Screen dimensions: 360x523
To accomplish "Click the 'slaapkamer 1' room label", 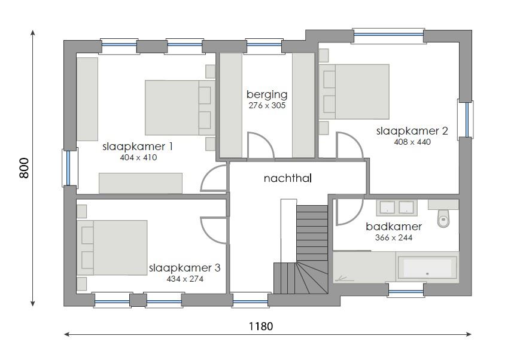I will tap(138, 146).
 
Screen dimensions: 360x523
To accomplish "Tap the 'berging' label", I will tap(267, 94).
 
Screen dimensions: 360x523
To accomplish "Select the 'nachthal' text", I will tap(288, 178).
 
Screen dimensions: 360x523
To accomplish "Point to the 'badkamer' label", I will tap(394, 227).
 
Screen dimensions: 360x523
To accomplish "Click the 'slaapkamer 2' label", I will tap(412, 131).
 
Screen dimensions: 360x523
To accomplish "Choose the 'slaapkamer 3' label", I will tap(184, 268).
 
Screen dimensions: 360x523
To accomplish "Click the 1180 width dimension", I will tap(260, 327).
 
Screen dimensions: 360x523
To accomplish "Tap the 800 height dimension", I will tap(25, 169).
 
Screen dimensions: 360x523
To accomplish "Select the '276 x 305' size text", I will tap(267, 105).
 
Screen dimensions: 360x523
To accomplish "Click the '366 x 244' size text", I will tap(394, 237).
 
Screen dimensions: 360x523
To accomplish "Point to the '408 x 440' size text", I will tap(412, 142).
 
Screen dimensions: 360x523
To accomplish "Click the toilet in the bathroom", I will tap(443, 218).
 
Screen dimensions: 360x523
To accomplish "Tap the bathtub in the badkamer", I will tap(427, 267).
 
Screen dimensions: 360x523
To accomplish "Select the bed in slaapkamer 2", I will tap(357, 91).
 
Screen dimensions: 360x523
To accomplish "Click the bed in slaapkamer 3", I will tap(114, 248).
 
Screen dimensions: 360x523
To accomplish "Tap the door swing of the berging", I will tap(260, 146).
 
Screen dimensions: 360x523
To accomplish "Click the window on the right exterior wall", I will tap(466, 120).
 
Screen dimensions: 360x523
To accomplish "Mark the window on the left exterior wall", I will tap(69, 167).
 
